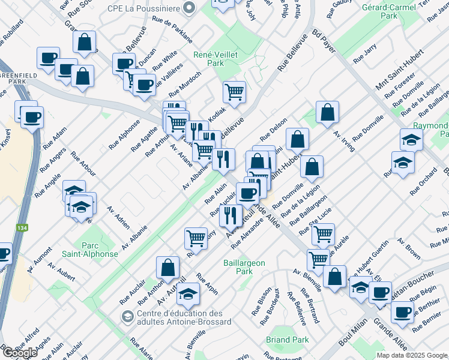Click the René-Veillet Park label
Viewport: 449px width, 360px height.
tap(215, 58)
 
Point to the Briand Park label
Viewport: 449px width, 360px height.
tap(288, 340)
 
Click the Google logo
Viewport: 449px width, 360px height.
tap(20, 352)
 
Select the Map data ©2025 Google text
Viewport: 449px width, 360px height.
tap(412, 355)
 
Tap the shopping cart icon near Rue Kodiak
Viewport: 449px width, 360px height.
tap(234, 92)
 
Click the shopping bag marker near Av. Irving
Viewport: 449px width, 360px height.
tap(327, 112)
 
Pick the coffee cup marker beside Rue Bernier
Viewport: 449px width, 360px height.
tap(402, 312)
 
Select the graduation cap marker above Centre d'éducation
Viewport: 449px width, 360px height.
tap(188, 293)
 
